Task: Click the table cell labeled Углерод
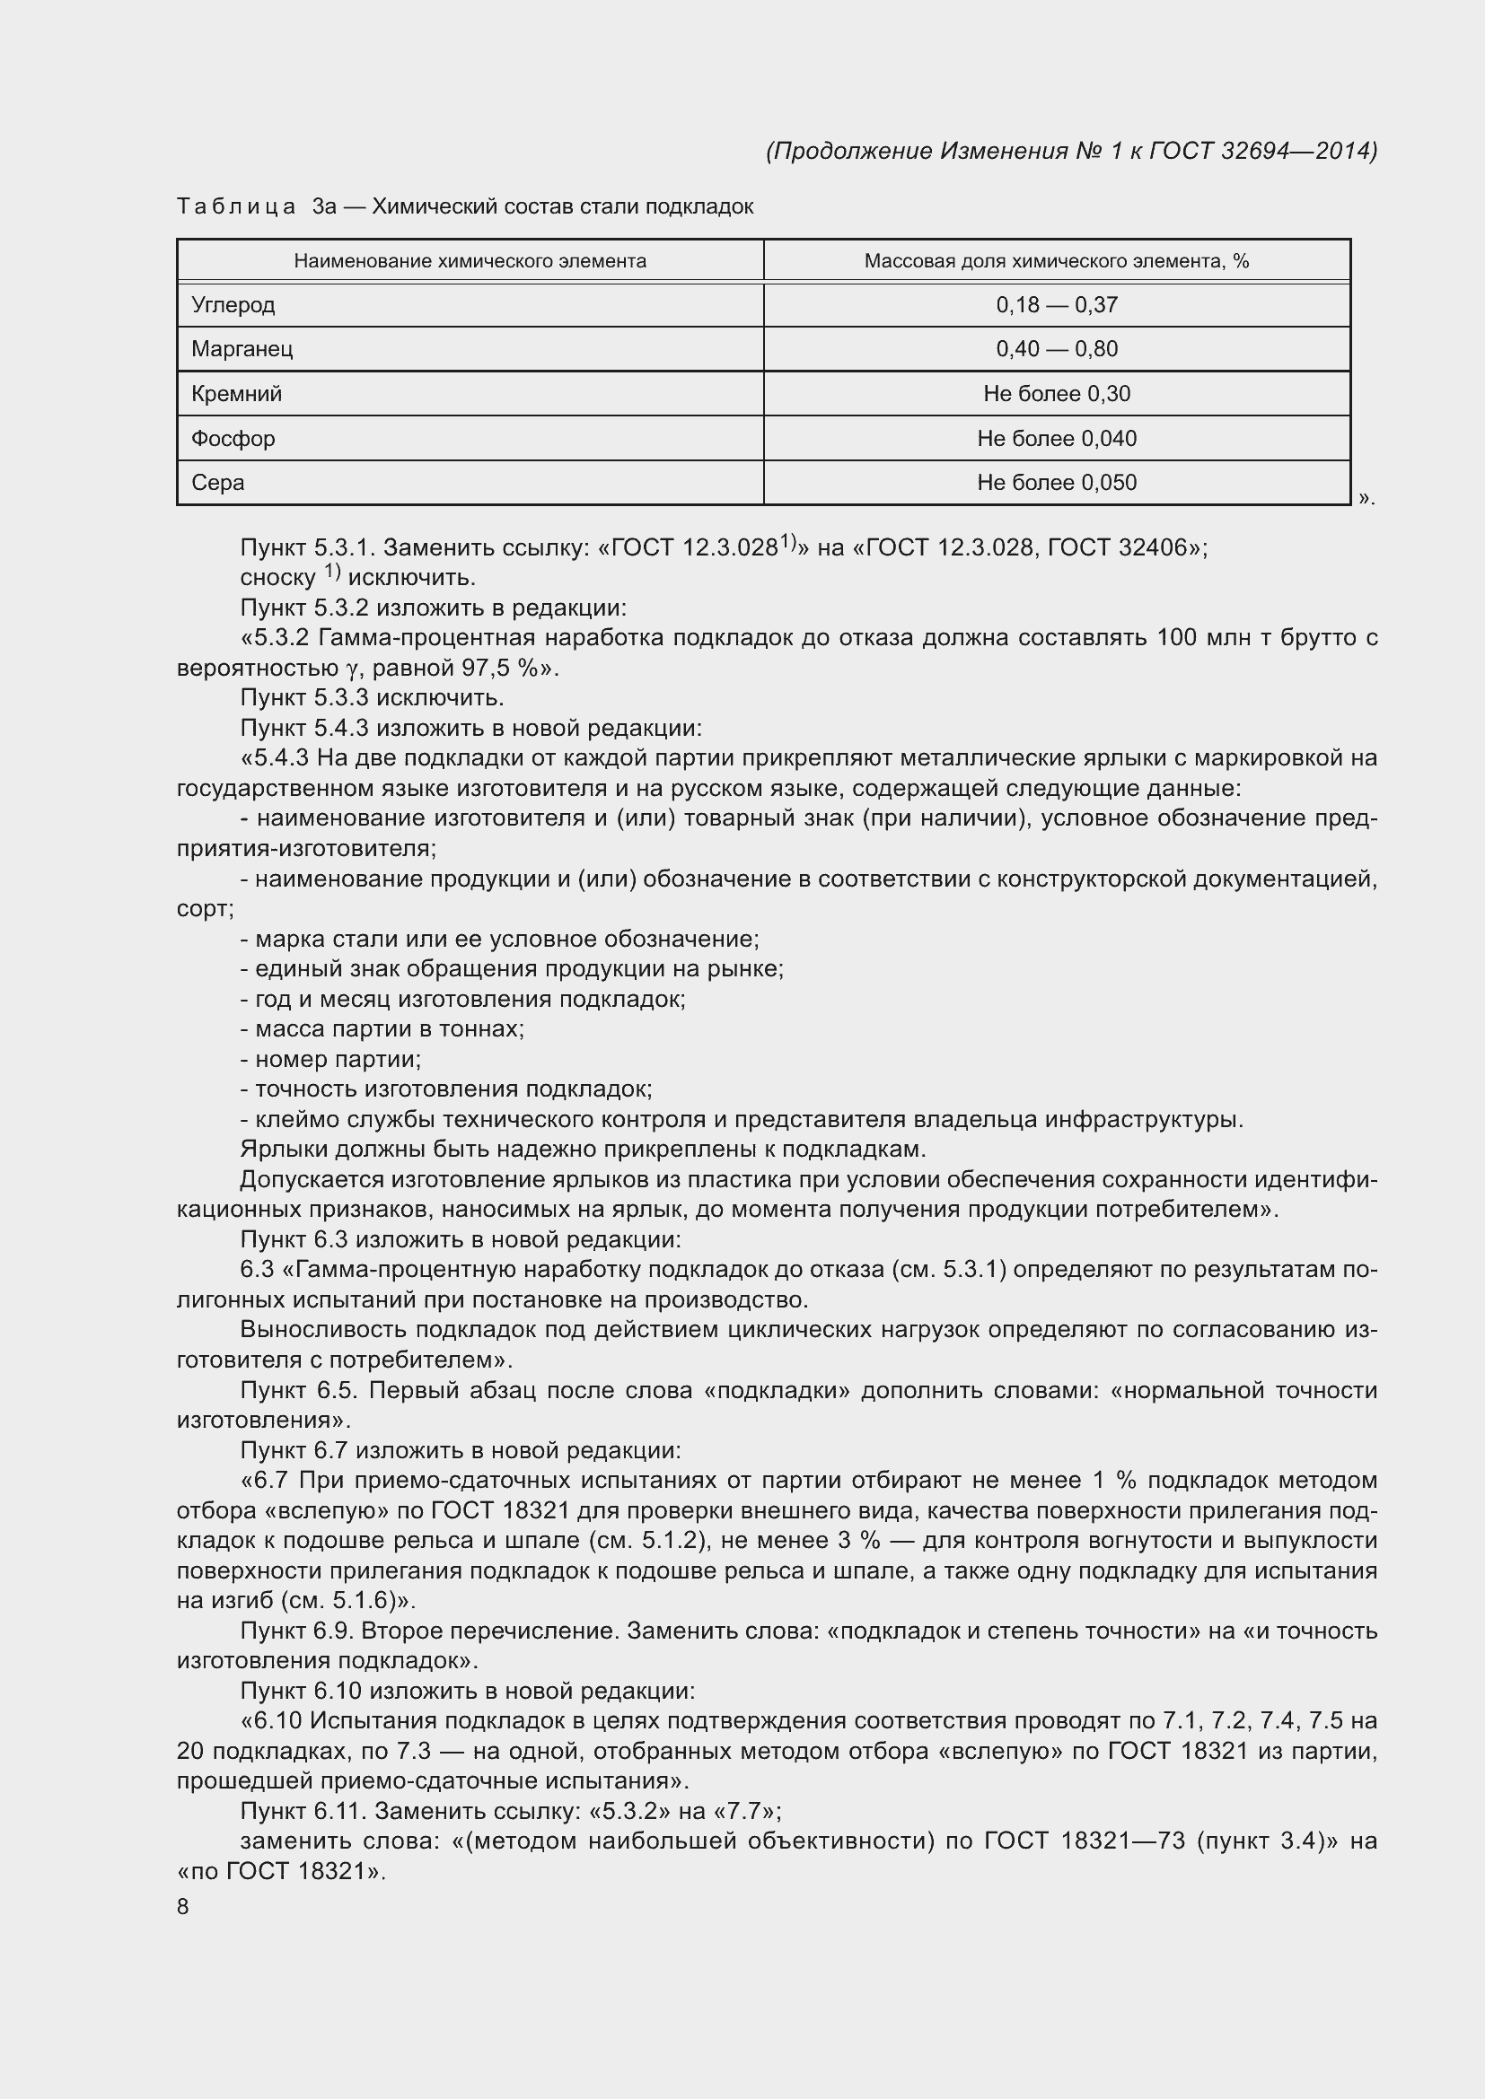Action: pyautogui.click(x=233, y=304)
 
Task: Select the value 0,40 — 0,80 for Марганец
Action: pyautogui.click(x=1056, y=348)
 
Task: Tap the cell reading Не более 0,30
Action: pyautogui.click(x=1056, y=394)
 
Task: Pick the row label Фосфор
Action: pyautogui.click(x=233, y=439)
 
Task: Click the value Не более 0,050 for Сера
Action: pyautogui.click(x=1056, y=483)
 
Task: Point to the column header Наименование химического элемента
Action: pyautogui.click(x=470, y=261)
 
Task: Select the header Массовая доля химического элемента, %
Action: pyautogui.click(x=1056, y=261)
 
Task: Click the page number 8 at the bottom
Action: pyautogui.click(x=183, y=1906)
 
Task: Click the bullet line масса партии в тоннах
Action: pyautogui.click(x=382, y=1029)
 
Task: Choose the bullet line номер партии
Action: pyautogui.click(x=331, y=1060)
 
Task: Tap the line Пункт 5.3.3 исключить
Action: pyautogui.click(x=373, y=697)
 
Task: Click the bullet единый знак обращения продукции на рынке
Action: pyautogui.click(x=512, y=969)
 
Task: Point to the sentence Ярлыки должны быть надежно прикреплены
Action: pyautogui.click(x=583, y=1150)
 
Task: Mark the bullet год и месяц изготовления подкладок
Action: pyautogui.click(x=463, y=999)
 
